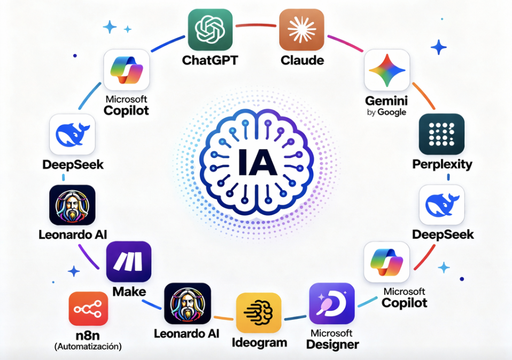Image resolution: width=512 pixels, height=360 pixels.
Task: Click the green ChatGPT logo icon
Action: click(x=210, y=29)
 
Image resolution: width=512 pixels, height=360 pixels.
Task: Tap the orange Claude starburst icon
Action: click(x=301, y=30)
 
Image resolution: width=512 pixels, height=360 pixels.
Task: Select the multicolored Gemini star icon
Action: click(x=387, y=70)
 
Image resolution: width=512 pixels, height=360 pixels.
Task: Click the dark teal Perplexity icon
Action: click(x=441, y=134)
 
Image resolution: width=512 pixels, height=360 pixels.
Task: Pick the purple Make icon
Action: click(x=129, y=261)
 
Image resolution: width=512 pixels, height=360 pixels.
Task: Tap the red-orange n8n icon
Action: click(x=88, y=309)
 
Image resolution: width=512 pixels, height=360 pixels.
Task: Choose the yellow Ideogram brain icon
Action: click(x=259, y=312)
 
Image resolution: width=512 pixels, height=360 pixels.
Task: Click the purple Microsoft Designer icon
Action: click(x=332, y=303)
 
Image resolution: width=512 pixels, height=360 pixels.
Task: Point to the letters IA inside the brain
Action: click(x=258, y=162)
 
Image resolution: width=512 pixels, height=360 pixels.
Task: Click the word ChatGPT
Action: click(x=210, y=60)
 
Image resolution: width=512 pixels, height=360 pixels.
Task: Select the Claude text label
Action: click(x=302, y=60)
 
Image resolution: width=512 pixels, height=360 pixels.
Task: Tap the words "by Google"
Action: click(x=386, y=113)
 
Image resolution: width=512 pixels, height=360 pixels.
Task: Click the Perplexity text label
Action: click(x=442, y=165)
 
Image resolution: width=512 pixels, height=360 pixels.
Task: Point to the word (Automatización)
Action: click(x=88, y=346)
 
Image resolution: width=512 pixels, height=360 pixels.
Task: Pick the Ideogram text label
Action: click(x=259, y=343)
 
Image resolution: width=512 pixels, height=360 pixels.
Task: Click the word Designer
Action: click(x=332, y=345)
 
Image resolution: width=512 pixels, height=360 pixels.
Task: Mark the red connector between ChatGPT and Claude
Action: click(x=255, y=25)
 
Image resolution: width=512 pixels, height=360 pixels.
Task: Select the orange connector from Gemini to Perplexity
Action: click(x=423, y=96)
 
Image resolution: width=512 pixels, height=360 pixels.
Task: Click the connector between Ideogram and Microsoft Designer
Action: click(x=295, y=318)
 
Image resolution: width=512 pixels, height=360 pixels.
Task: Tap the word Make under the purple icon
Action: click(x=129, y=292)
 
